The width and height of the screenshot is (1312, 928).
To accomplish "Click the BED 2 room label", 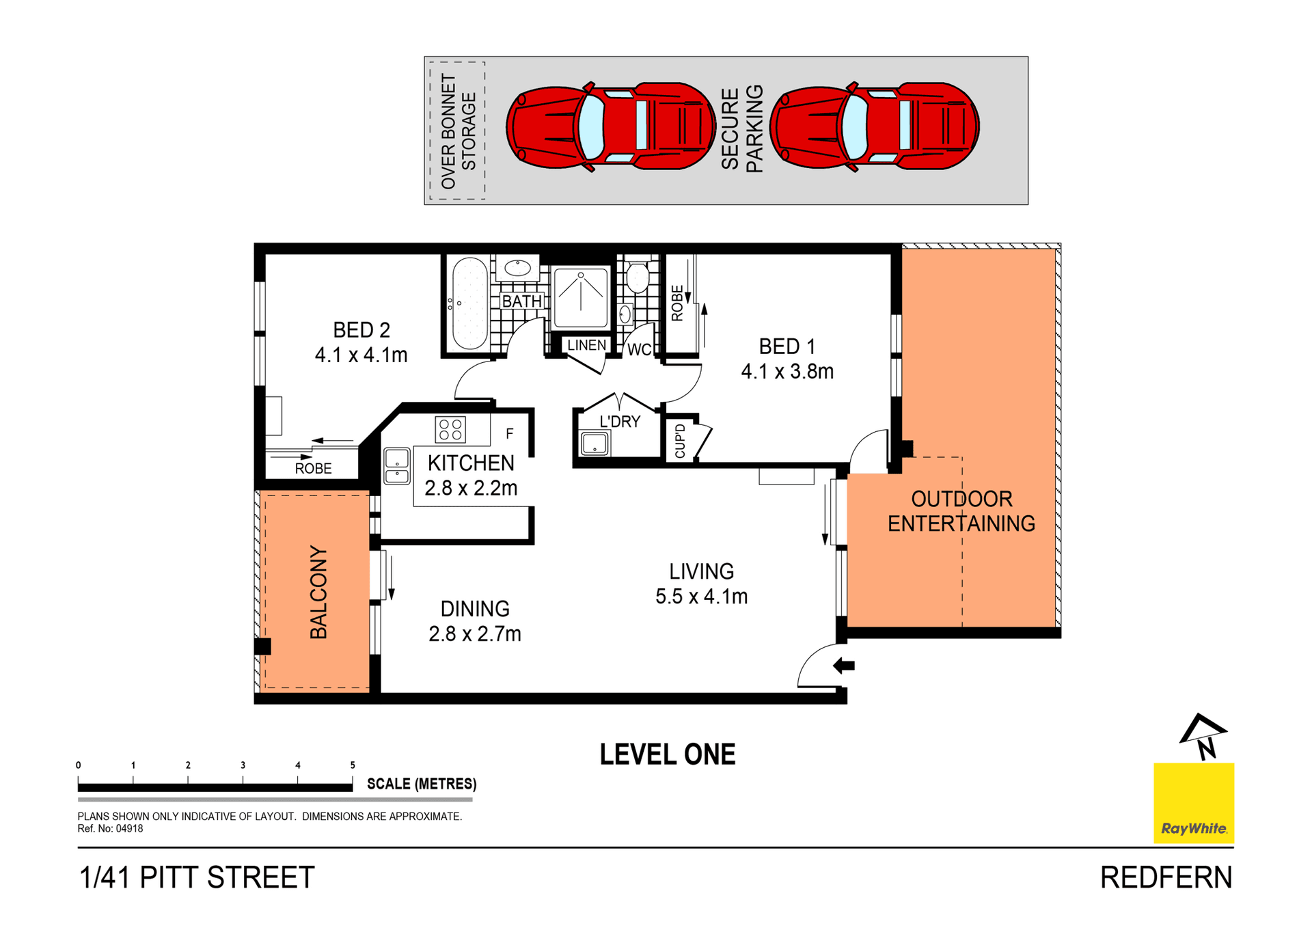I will tap(361, 330).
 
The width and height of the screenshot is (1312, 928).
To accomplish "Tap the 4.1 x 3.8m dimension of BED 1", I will tap(787, 372).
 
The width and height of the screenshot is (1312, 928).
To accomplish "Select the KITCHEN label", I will tap(471, 463).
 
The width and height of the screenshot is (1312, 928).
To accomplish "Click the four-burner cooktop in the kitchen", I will tap(450, 429).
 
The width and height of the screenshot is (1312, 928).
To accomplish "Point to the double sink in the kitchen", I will tap(396, 466).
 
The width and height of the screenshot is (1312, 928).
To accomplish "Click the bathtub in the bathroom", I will tap(469, 303).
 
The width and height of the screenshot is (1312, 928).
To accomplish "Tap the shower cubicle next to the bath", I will tap(580, 297).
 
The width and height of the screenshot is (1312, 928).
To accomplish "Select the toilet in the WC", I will tap(637, 276).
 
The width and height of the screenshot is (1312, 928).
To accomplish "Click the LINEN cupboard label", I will tap(586, 345).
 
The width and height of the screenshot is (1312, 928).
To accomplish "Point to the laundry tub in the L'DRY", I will tap(594, 443).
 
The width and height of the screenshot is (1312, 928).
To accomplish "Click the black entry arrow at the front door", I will tap(844, 665).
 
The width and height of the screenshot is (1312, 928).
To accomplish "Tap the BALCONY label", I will tap(318, 592).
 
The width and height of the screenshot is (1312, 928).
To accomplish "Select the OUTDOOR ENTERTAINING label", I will tap(961, 511).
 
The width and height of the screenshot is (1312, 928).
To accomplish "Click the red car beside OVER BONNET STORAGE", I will tap(610, 126).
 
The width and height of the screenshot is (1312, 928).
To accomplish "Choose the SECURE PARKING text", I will tap(741, 128).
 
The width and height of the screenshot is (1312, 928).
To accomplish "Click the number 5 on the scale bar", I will tap(353, 765).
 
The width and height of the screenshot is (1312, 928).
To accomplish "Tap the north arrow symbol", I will tap(1204, 737).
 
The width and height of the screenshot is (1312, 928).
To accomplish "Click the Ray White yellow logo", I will tap(1193, 802).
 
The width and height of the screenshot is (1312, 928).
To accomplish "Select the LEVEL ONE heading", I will tap(667, 754).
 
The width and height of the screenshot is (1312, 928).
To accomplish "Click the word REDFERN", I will tap(1165, 877).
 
